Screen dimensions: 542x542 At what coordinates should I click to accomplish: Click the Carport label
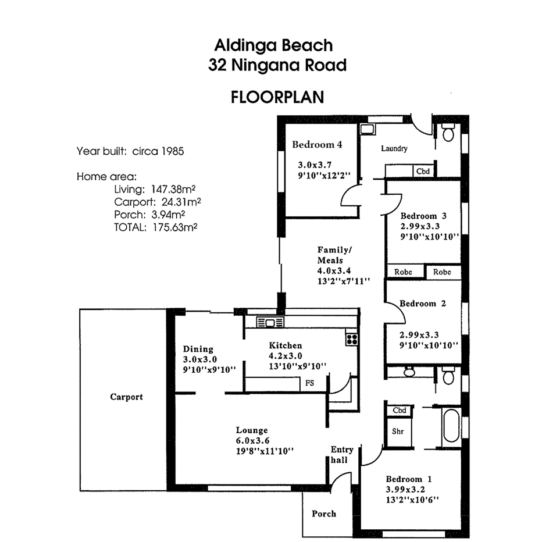[126, 397]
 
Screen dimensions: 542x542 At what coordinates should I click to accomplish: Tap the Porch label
[324, 514]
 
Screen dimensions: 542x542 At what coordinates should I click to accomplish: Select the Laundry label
[394, 149]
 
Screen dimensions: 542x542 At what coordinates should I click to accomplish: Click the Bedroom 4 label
[317, 145]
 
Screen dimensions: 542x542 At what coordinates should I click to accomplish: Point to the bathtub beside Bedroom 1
[451, 427]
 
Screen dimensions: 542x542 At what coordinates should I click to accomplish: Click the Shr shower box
[398, 432]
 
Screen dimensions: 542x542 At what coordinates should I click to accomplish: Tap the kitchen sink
[270, 323]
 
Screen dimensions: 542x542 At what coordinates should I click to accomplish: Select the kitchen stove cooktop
[351, 338]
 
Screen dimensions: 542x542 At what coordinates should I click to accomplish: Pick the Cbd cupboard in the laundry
[423, 171]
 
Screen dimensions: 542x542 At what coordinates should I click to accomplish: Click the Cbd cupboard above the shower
[399, 411]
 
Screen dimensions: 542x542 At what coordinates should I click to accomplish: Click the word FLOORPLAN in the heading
[277, 97]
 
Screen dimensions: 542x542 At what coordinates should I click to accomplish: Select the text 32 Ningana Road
[277, 65]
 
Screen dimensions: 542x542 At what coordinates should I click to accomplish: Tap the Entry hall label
[342, 454]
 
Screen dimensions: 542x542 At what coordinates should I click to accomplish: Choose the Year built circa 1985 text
[130, 152]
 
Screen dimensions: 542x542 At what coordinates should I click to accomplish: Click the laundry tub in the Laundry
[368, 129]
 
